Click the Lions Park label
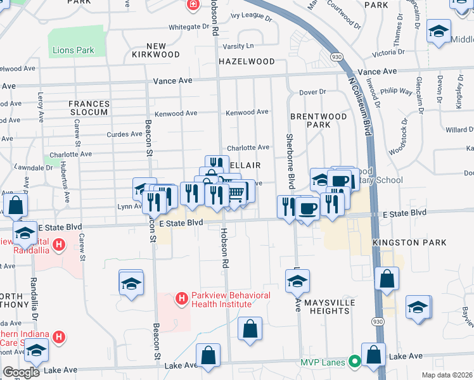coord(74,50)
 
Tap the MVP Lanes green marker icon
coord(355,362)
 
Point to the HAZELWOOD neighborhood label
coord(247,61)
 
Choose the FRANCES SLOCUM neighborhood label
coord(89,108)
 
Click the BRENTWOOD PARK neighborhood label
coord(319,120)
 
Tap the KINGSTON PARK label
coord(409,243)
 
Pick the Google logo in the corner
coord(21,372)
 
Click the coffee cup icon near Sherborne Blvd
coord(308,208)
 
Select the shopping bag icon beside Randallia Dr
coord(16,206)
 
